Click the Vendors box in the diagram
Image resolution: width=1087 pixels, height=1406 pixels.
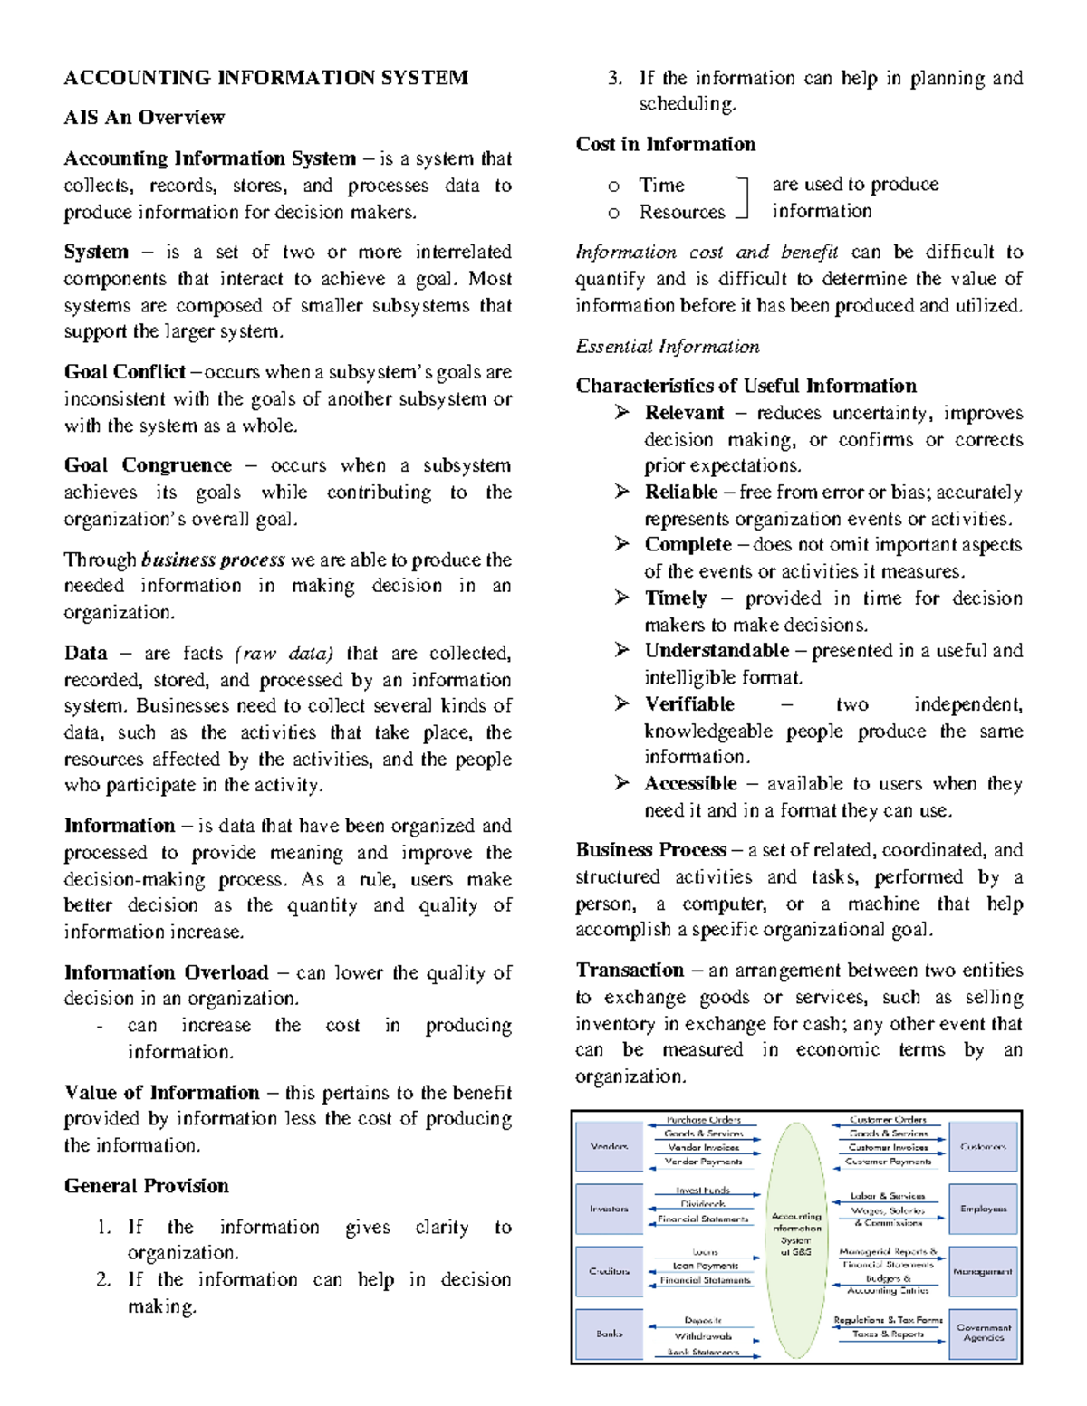(x=609, y=1146)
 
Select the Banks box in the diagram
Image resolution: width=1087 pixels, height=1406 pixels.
(x=609, y=1334)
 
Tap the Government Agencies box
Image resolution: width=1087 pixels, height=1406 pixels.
(x=983, y=1333)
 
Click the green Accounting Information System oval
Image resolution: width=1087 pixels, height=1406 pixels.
(x=796, y=1239)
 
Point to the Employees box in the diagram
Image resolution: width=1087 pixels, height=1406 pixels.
(x=983, y=1209)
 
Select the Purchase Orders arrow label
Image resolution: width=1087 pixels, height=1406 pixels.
(x=704, y=1120)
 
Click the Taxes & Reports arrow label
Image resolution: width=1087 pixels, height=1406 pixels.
(x=888, y=1334)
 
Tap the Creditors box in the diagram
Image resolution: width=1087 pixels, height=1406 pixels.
(x=609, y=1271)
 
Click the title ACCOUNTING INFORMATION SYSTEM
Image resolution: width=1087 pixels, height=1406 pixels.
(x=265, y=78)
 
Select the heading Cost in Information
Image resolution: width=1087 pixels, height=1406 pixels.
(x=665, y=144)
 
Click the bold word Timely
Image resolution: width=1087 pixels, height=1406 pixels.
(x=675, y=598)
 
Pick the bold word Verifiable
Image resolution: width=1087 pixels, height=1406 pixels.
(x=689, y=704)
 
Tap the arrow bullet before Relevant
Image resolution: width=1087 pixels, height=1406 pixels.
(x=621, y=413)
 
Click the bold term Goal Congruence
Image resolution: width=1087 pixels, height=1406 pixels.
(x=148, y=465)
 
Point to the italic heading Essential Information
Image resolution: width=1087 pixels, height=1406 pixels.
(x=667, y=347)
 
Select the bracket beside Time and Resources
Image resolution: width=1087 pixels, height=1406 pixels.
(x=744, y=197)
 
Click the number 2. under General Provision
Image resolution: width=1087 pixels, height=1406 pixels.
(x=103, y=1279)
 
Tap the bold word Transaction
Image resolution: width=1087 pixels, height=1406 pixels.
(x=630, y=971)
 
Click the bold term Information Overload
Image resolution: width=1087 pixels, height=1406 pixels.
(x=166, y=972)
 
